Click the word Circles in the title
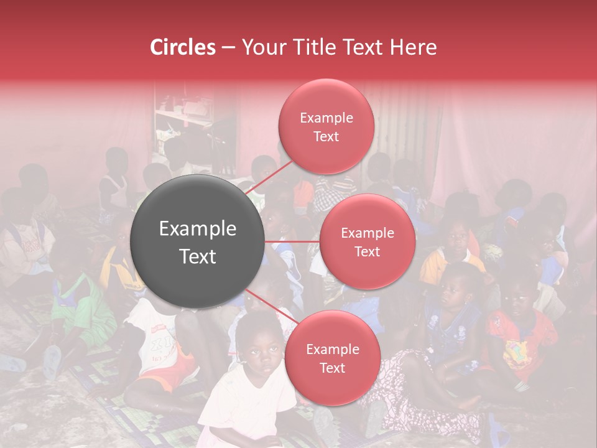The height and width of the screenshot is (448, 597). coord(182,47)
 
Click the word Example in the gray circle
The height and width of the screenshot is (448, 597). coord(198,229)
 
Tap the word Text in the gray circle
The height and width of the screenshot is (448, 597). coord(198,256)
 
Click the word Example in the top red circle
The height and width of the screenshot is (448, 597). coord(326,118)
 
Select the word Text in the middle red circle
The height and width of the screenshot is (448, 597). coord(367,252)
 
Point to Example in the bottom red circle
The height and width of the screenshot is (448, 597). coord(332,350)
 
